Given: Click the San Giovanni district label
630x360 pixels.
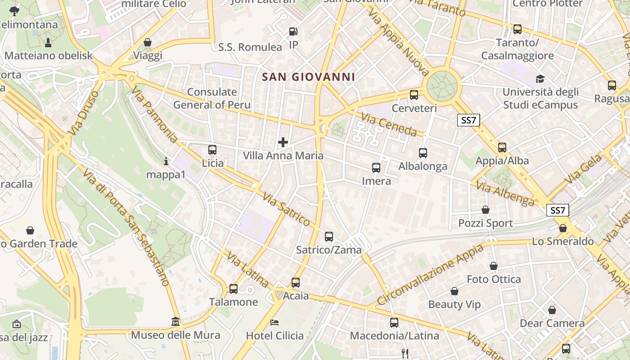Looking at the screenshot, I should point(309,77).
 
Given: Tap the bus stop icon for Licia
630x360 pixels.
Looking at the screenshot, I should point(212,150).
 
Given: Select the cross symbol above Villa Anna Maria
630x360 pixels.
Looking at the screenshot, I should point(283,142).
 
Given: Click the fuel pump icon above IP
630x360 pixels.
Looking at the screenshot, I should point(293,31).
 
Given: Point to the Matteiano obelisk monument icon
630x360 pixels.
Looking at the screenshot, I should point(48,42).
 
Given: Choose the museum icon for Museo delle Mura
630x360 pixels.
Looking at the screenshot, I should point(175,322).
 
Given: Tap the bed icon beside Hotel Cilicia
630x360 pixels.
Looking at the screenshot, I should point(274,323).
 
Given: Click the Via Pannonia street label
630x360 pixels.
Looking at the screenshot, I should point(154,115).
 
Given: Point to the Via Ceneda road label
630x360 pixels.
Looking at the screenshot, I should point(389,125).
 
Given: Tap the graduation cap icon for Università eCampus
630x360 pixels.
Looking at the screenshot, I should point(540,79).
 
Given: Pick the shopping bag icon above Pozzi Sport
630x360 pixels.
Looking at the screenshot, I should point(486,210).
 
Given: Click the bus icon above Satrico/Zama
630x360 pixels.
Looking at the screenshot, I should point(329,236).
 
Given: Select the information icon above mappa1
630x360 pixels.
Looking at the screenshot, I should point(166,161).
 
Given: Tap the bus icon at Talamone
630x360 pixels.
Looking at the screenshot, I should point(233,288).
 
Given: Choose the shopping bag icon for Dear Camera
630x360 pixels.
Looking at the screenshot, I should point(552,310).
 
